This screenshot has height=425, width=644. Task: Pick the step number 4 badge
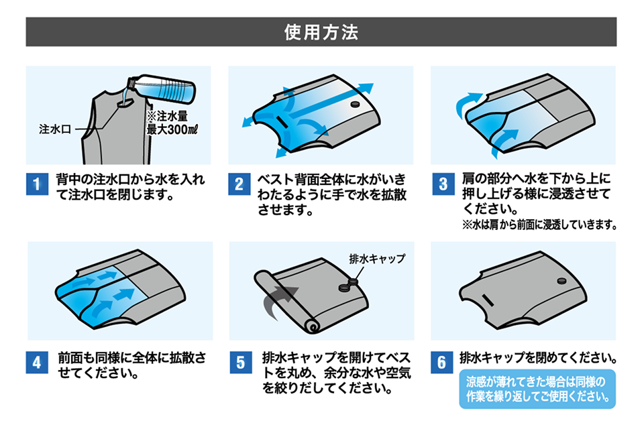click(x=36, y=363)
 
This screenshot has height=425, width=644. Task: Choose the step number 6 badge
click(x=441, y=363)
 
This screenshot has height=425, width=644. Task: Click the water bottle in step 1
click(x=164, y=87)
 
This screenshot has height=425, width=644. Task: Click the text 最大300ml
click(x=173, y=129)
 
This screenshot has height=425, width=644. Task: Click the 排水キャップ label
click(x=377, y=258)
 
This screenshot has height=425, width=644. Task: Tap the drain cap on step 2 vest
click(x=356, y=106)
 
